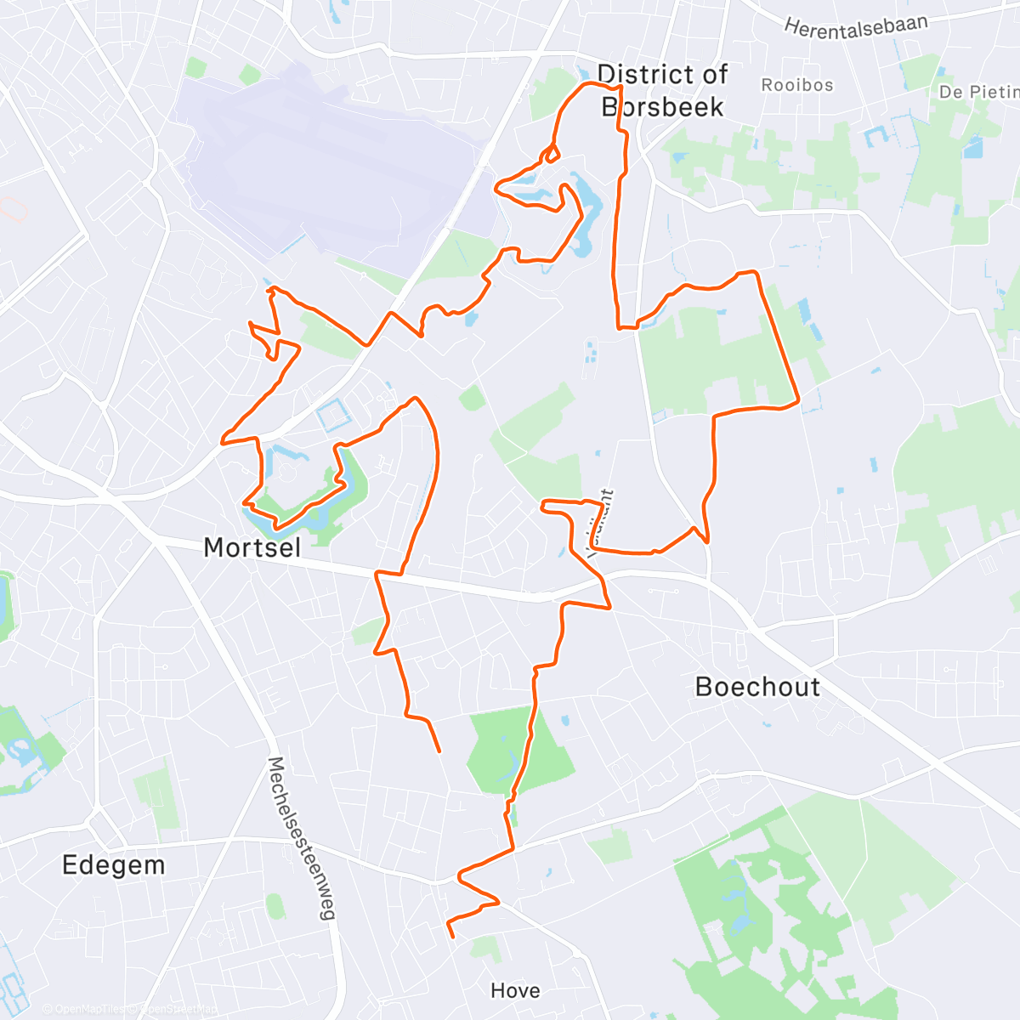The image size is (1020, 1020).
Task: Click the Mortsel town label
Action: click(252, 547)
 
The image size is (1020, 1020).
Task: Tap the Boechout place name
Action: click(757, 687)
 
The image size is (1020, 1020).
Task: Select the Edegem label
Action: click(114, 865)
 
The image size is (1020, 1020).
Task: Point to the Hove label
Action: click(515, 990)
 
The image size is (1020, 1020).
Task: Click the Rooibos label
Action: click(796, 85)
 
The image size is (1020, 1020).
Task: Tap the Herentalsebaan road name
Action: click(855, 27)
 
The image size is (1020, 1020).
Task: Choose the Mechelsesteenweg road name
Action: click(302, 838)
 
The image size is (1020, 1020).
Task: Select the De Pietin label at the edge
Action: click(978, 92)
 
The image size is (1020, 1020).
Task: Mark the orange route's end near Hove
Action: click(452, 936)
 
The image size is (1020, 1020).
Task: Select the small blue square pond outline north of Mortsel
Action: click(333, 416)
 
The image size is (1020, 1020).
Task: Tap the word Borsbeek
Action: click(662, 107)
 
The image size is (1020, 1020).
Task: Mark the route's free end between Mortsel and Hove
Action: click(439, 751)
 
